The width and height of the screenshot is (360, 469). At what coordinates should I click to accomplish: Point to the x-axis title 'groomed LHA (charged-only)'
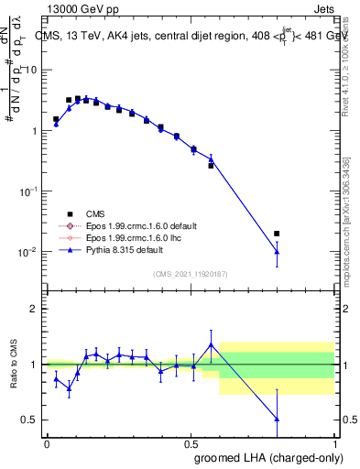tap(260, 457)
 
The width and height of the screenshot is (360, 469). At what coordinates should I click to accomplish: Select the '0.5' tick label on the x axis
tap(191, 442)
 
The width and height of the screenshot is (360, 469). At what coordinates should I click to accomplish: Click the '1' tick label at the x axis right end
tap(334, 442)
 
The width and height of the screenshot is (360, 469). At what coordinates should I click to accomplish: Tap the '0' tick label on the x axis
tap(47, 442)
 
